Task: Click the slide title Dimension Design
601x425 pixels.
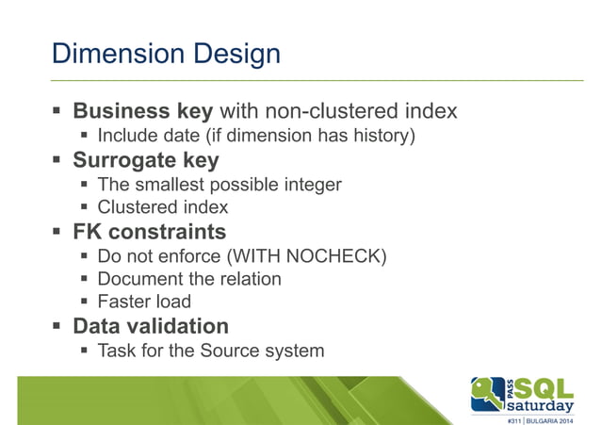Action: pyautogui.click(x=166, y=53)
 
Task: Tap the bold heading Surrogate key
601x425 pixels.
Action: pyautogui.click(x=146, y=159)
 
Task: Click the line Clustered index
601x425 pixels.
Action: pyautogui.click(x=163, y=207)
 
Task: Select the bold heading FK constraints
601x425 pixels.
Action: pyautogui.click(x=150, y=231)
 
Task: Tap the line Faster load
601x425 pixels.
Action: pyautogui.click(x=144, y=302)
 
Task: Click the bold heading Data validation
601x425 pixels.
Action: pyautogui.click(x=151, y=326)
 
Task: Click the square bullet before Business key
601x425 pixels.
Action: pyautogui.click(x=58, y=112)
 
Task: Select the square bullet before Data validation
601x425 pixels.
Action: pyautogui.click(x=58, y=327)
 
